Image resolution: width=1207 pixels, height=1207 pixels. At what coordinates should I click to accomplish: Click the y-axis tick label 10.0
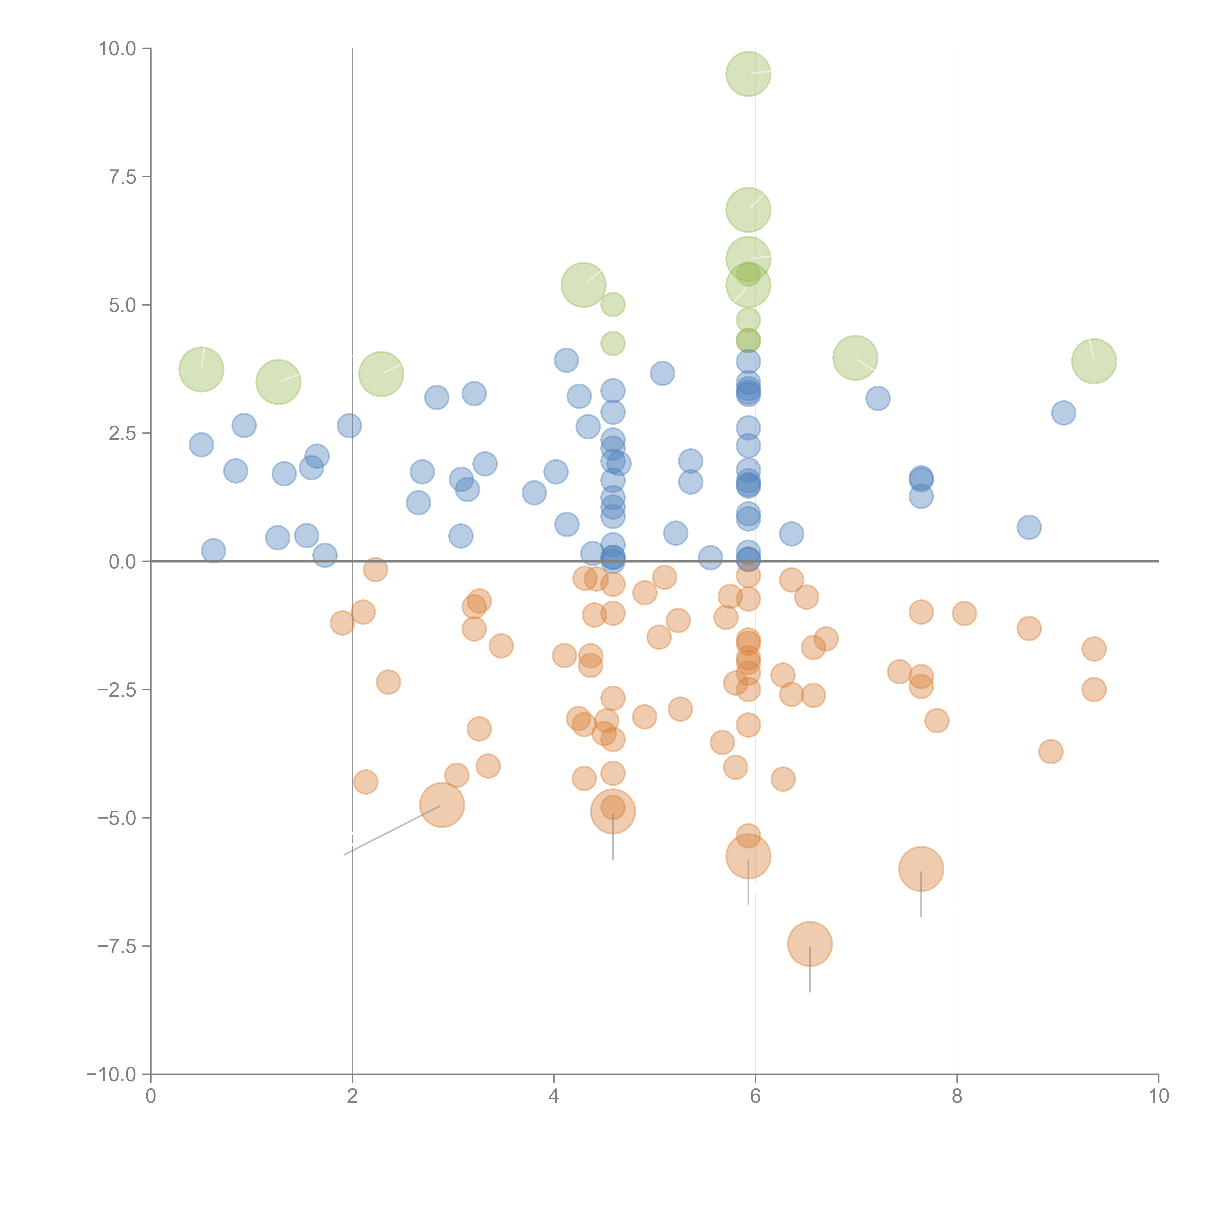coord(118,49)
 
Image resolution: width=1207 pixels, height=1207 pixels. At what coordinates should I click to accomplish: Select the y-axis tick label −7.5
coord(118,946)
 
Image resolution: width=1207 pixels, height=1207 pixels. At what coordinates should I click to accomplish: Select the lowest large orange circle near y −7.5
coord(810,944)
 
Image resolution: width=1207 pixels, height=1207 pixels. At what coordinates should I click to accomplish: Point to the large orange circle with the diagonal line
coord(442,805)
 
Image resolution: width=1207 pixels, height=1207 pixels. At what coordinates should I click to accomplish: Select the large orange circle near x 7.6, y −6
coord(921,868)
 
